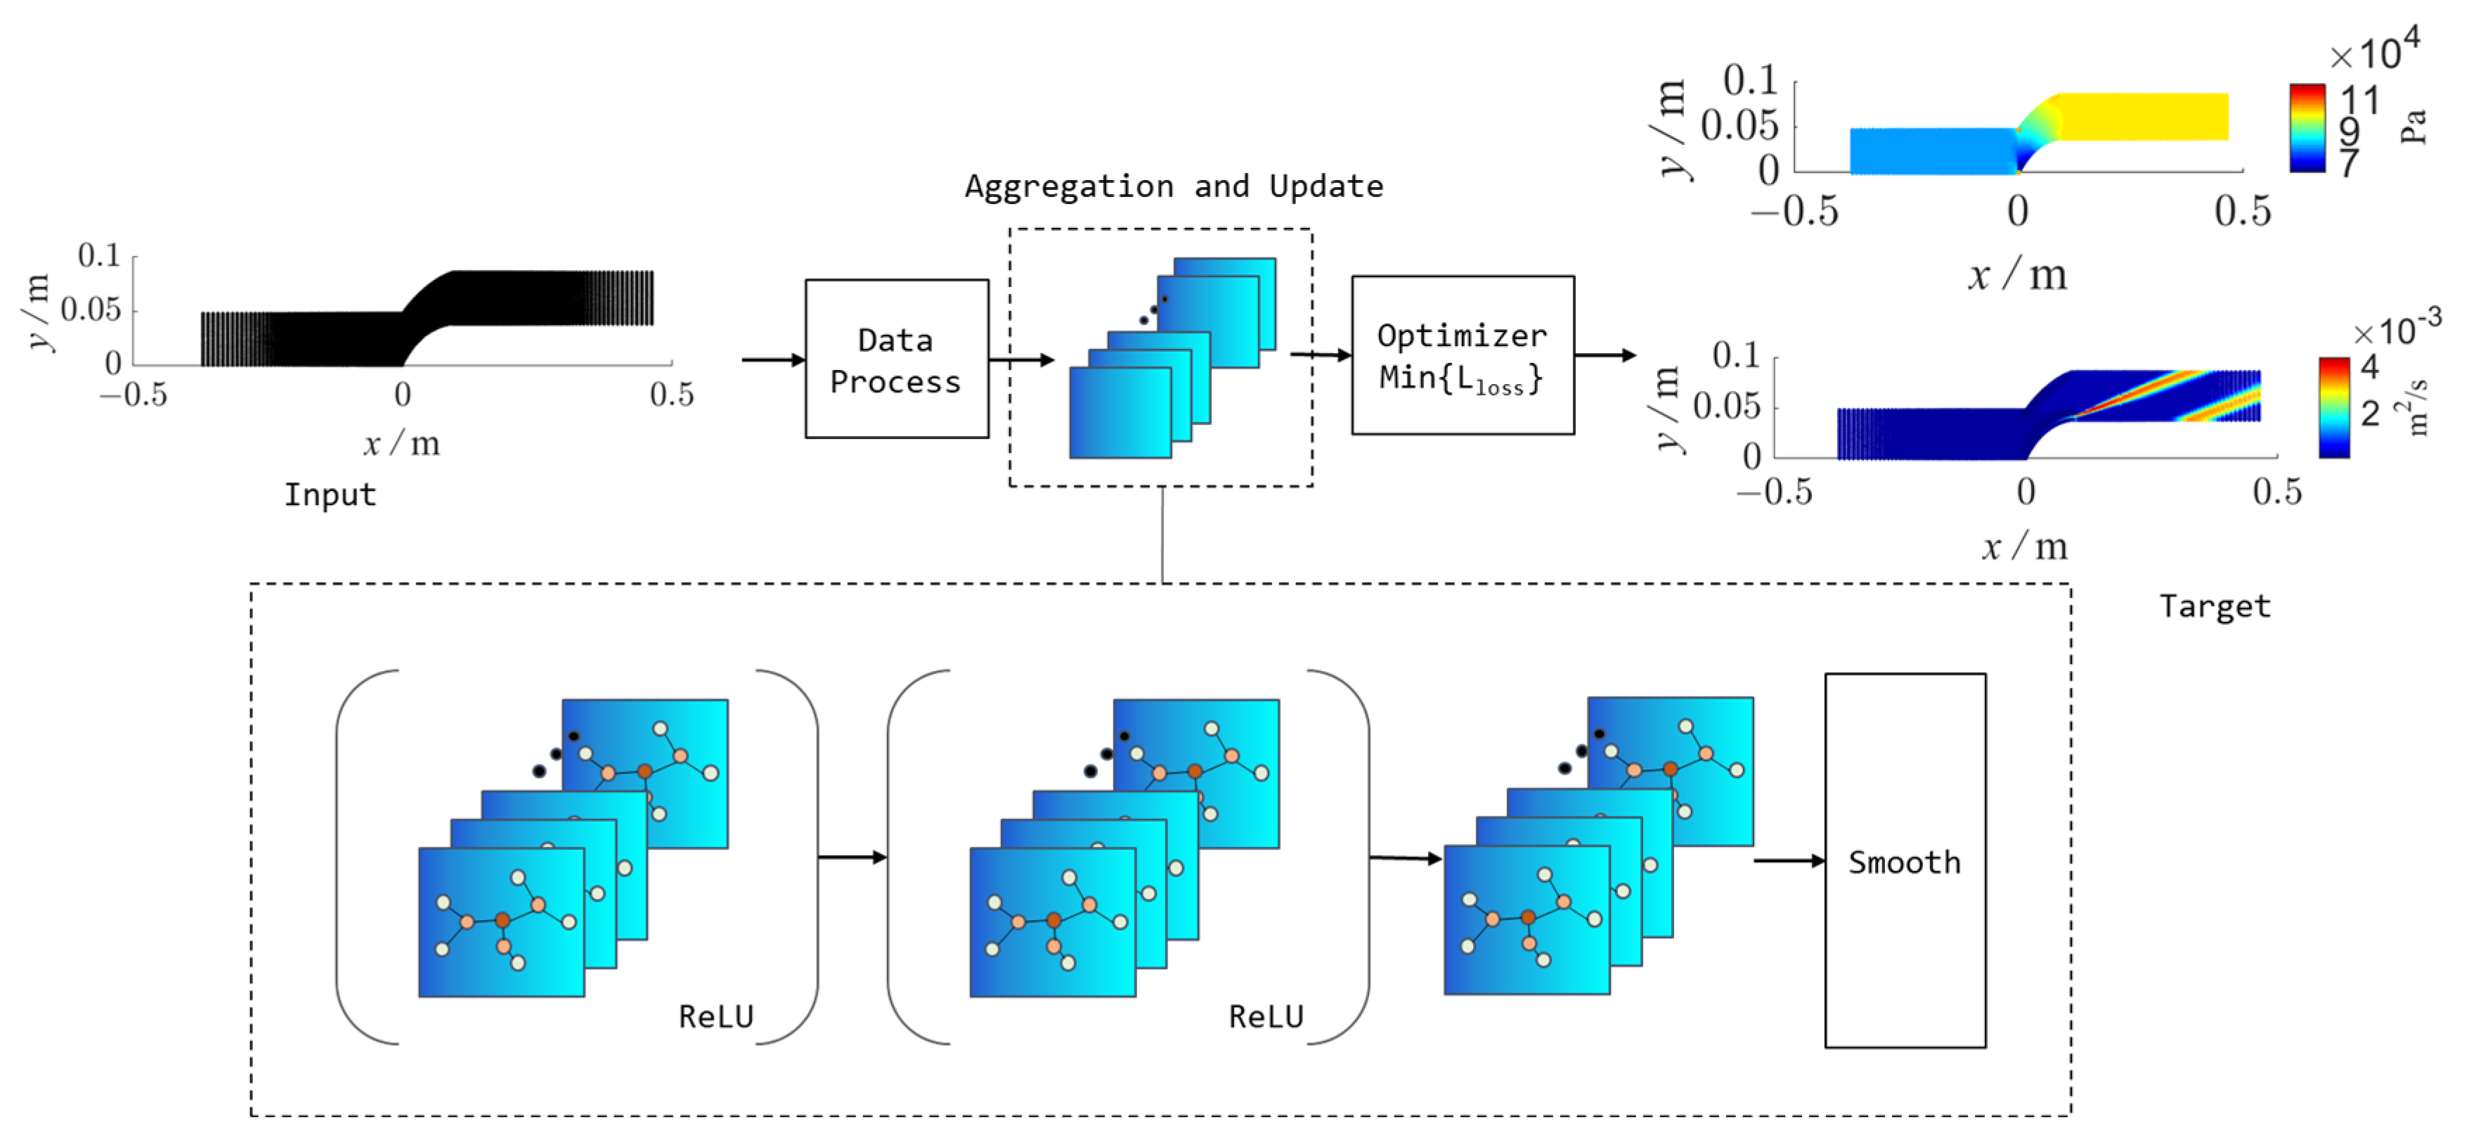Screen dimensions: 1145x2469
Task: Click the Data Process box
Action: (x=896, y=359)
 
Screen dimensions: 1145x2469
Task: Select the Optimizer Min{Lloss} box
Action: (x=1462, y=354)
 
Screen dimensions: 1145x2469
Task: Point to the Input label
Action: (x=330, y=495)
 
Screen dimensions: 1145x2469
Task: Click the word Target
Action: (x=2214, y=606)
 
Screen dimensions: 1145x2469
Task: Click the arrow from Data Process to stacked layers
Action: (x=1022, y=359)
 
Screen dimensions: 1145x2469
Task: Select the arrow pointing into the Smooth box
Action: (x=1789, y=860)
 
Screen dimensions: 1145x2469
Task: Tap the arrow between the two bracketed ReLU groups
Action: (x=852, y=857)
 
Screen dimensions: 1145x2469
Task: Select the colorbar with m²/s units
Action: (x=2334, y=407)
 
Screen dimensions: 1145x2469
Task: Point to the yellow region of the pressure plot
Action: (x=2142, y=116)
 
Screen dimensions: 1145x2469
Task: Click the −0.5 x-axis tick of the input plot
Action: (x=134, y=394)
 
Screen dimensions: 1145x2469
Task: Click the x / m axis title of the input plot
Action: (x=401, y=443)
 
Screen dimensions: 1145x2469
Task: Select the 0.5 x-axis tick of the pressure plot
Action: (x=2242, y=211)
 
